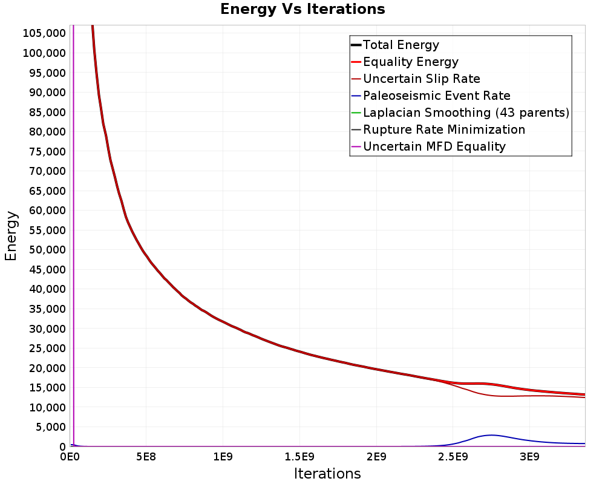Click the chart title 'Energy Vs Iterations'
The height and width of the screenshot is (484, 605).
coord(302,9)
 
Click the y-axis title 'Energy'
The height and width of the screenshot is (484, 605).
coord(11,236)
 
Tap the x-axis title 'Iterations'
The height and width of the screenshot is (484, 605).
coord(327,473)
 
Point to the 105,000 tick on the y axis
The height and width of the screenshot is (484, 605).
coord(44,33)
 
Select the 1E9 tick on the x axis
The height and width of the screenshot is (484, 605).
coord(223,457)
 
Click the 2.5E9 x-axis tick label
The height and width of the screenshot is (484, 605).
coord(453,457)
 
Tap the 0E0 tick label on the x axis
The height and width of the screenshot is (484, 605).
coord(70,457)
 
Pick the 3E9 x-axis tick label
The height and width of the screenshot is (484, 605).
coord(529,457)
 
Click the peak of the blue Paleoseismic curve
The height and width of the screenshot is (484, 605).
coord(491,435)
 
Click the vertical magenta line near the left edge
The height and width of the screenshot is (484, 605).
coord(73,236)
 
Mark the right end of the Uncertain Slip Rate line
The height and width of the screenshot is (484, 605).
coord(585,397)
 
